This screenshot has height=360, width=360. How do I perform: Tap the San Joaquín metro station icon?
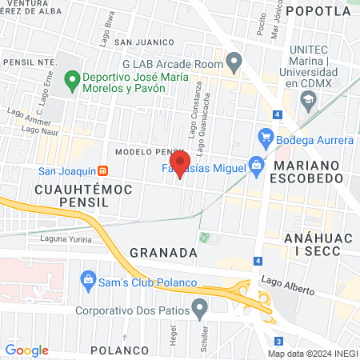click(x=102, y=170)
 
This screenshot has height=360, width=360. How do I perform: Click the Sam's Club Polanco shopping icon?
click(x=89, y=279)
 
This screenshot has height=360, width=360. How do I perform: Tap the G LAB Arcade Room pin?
click(x=234, y=60)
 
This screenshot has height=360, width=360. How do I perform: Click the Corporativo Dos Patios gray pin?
click(x=200, y=306)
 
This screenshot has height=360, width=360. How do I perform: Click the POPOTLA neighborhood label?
click(x=318, y=10)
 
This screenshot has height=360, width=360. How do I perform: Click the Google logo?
click(x=26, y=350)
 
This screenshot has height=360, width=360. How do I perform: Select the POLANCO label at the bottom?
click(x=119, y=350)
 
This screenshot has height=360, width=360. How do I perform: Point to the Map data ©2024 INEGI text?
click(x=312, y=354)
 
